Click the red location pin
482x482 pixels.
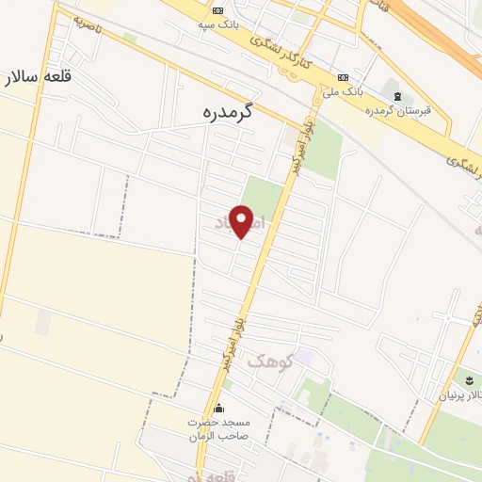click(x=242, y=220)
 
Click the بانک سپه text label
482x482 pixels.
click(x=218, y=26)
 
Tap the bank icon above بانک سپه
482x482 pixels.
click(x=218, y=11)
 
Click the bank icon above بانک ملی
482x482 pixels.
click(x=343, y=77)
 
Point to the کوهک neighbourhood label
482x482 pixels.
click(x=271, y=361)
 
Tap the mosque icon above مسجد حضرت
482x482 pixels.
click(x=219, y=409)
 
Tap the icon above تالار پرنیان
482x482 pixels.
click(x=465, y=379)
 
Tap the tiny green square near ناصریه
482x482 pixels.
click(x=129, y=38)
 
